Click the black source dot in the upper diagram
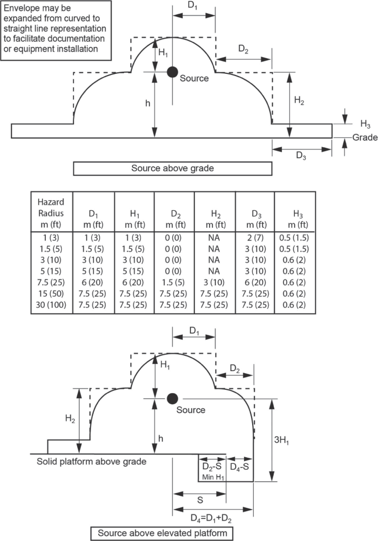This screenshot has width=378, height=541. pyautogui.click(x=173, y=71)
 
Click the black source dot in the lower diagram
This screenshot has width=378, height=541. pyautogui.click(x=173, y=398)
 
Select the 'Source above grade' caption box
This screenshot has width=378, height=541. pyautogui.click(x=172, y=168)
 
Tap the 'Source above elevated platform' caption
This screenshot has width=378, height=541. pyautogui.click(x=162, y=533)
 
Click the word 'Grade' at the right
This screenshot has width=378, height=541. pyautogui.click(x=364, y=137)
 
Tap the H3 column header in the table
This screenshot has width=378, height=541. pyautogui.click(x=295, y=219)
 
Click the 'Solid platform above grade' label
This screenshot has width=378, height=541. pyautogui.click(x=92, y=462)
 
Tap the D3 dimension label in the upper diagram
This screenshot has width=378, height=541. pyautogui.click(x=301, y=156)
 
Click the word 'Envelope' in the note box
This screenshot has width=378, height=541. pyautogui.click(x=22, y=9)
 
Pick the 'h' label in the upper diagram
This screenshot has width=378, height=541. pyautogui.click(x=147, y=103)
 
